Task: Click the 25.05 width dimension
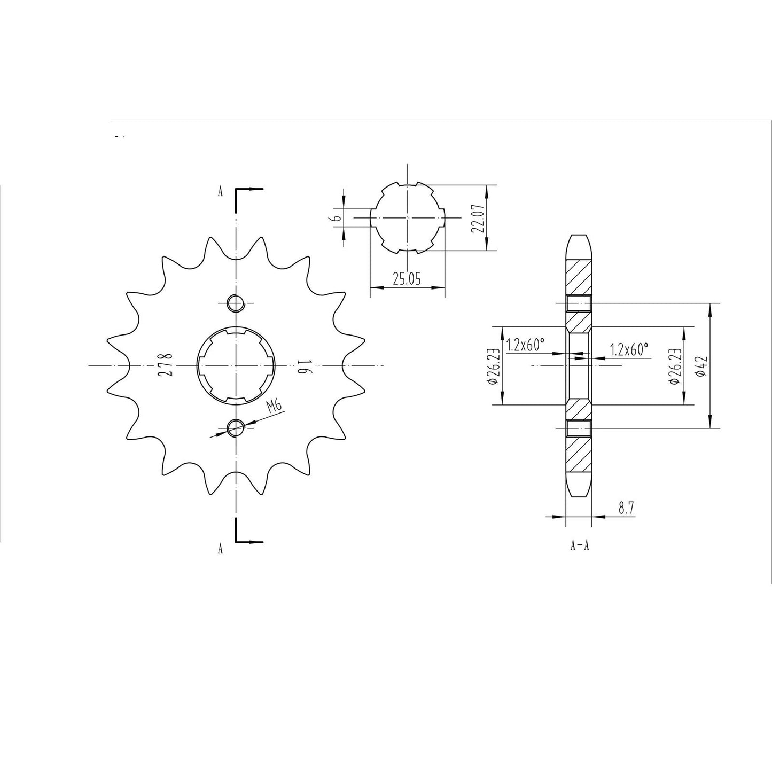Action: click(x=407, y=279)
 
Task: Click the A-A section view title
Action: click(x=580, y=546)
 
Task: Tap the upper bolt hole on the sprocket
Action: click(x=235, y=303)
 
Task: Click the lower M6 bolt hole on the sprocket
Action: click(x=235, y=427)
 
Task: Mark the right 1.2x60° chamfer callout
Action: click(x=629, y=349)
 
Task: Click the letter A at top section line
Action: click(x=220, y=192)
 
